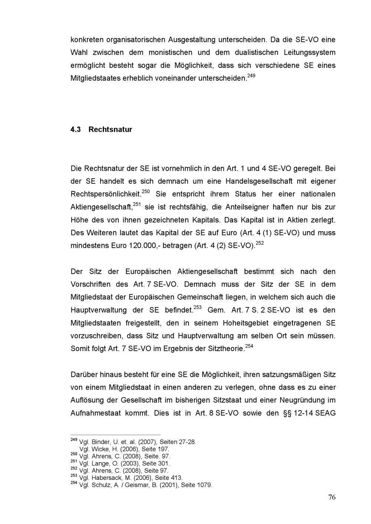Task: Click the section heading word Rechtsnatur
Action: click(110, 130)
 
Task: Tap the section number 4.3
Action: click(76, 130)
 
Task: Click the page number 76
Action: click(332, 497)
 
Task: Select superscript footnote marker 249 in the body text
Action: click(251, 76)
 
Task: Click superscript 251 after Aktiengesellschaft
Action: click(137, 204)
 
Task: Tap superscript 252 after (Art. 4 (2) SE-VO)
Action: click(260, 243)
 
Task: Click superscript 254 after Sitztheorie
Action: click(249, 346)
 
